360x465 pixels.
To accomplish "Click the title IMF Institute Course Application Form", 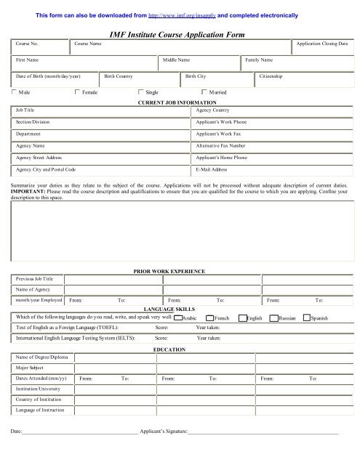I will pyautogui.click(x=180, y=33).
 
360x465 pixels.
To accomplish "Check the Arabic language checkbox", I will pyautogui.click(x=177, y=318).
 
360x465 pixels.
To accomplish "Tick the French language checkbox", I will pyautogui.click(x=209, y=318).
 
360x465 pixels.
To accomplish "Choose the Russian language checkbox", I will pyautogui.click(x=273, y=318).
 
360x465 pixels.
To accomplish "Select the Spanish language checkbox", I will pyautogui.click(x=305, y=318).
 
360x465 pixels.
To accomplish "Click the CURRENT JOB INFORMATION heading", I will pyautogui.click(x=176, y=103).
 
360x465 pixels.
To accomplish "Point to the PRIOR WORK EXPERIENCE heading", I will pyautogui.click(x=170, y=270).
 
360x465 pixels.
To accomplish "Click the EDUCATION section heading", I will pyautogui.click(x=171, y=349).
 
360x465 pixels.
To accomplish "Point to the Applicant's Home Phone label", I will pyautogui.click(x=222, y=157).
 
